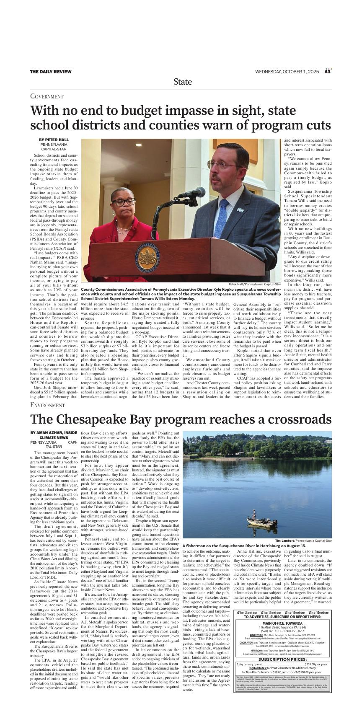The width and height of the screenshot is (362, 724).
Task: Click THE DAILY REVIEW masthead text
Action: [50, 72]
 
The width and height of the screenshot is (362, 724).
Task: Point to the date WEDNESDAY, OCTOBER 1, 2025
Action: [288, 72]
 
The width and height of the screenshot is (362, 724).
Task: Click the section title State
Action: [183, 82]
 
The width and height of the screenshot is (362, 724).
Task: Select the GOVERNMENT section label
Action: [47, 97]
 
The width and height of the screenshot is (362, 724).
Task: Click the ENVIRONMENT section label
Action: [48, 405]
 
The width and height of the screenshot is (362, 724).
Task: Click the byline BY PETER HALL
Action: [54, 140]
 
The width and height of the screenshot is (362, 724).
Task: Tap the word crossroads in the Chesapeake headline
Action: [295, 419]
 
